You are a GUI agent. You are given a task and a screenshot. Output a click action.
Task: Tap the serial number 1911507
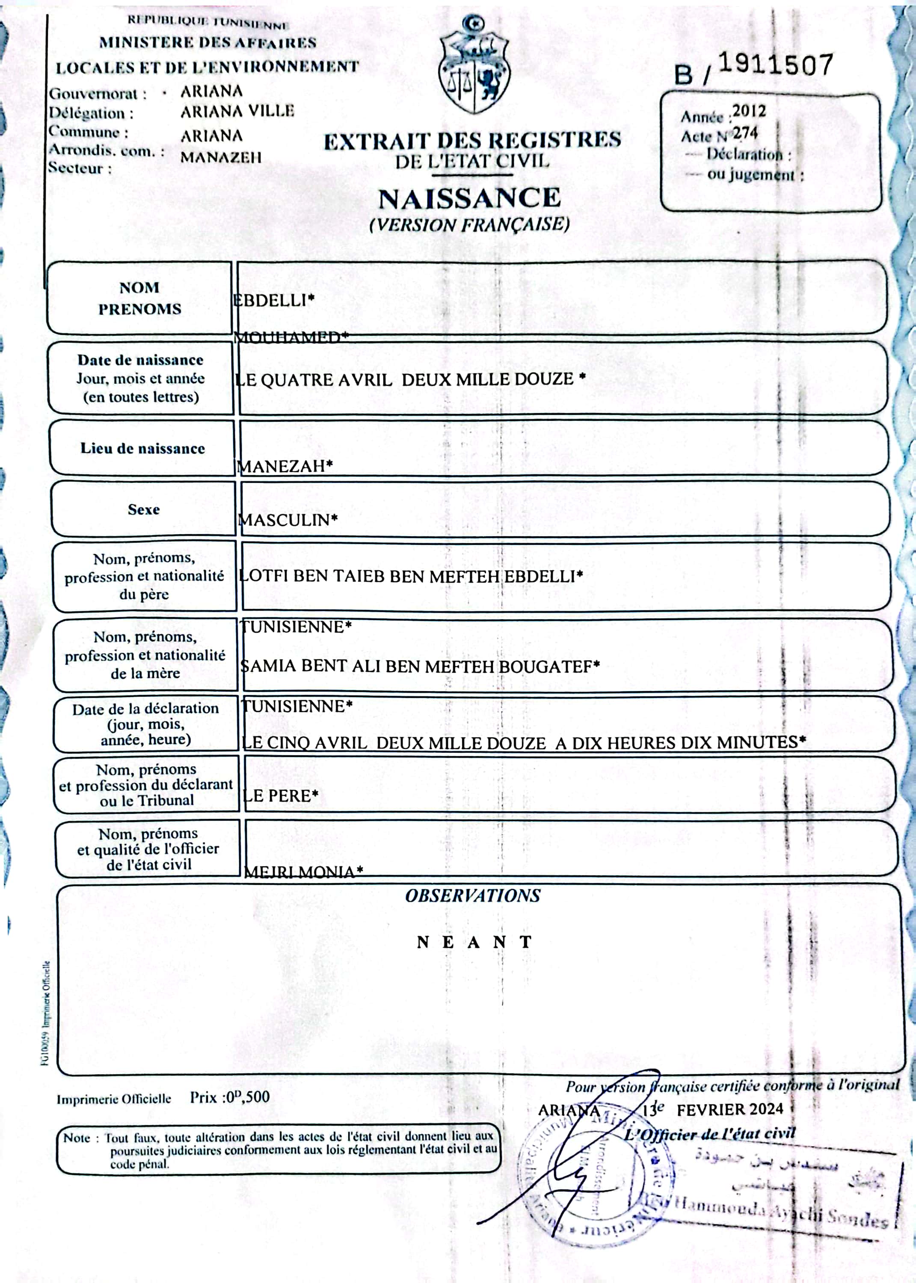click(776, 65)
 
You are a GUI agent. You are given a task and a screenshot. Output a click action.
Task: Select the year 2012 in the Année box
click(748, 111)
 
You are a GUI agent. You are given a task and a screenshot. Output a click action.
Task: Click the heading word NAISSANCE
click(469, 198)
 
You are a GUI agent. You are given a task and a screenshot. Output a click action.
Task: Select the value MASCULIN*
click(288, 519)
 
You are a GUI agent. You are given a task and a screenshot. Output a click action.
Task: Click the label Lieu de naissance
click(143, 448)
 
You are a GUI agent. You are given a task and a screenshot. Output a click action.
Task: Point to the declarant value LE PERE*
click(280, 795)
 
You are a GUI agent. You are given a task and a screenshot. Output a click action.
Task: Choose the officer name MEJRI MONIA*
click(303, 872)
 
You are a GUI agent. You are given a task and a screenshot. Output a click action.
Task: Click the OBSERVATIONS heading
click(473, 896)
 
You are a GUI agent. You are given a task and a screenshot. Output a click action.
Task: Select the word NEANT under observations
click(474, 942)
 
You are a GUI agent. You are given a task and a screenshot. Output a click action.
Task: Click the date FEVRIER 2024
click(730, 1109)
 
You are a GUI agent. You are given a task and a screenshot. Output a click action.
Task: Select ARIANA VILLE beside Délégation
click(237, 111)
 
